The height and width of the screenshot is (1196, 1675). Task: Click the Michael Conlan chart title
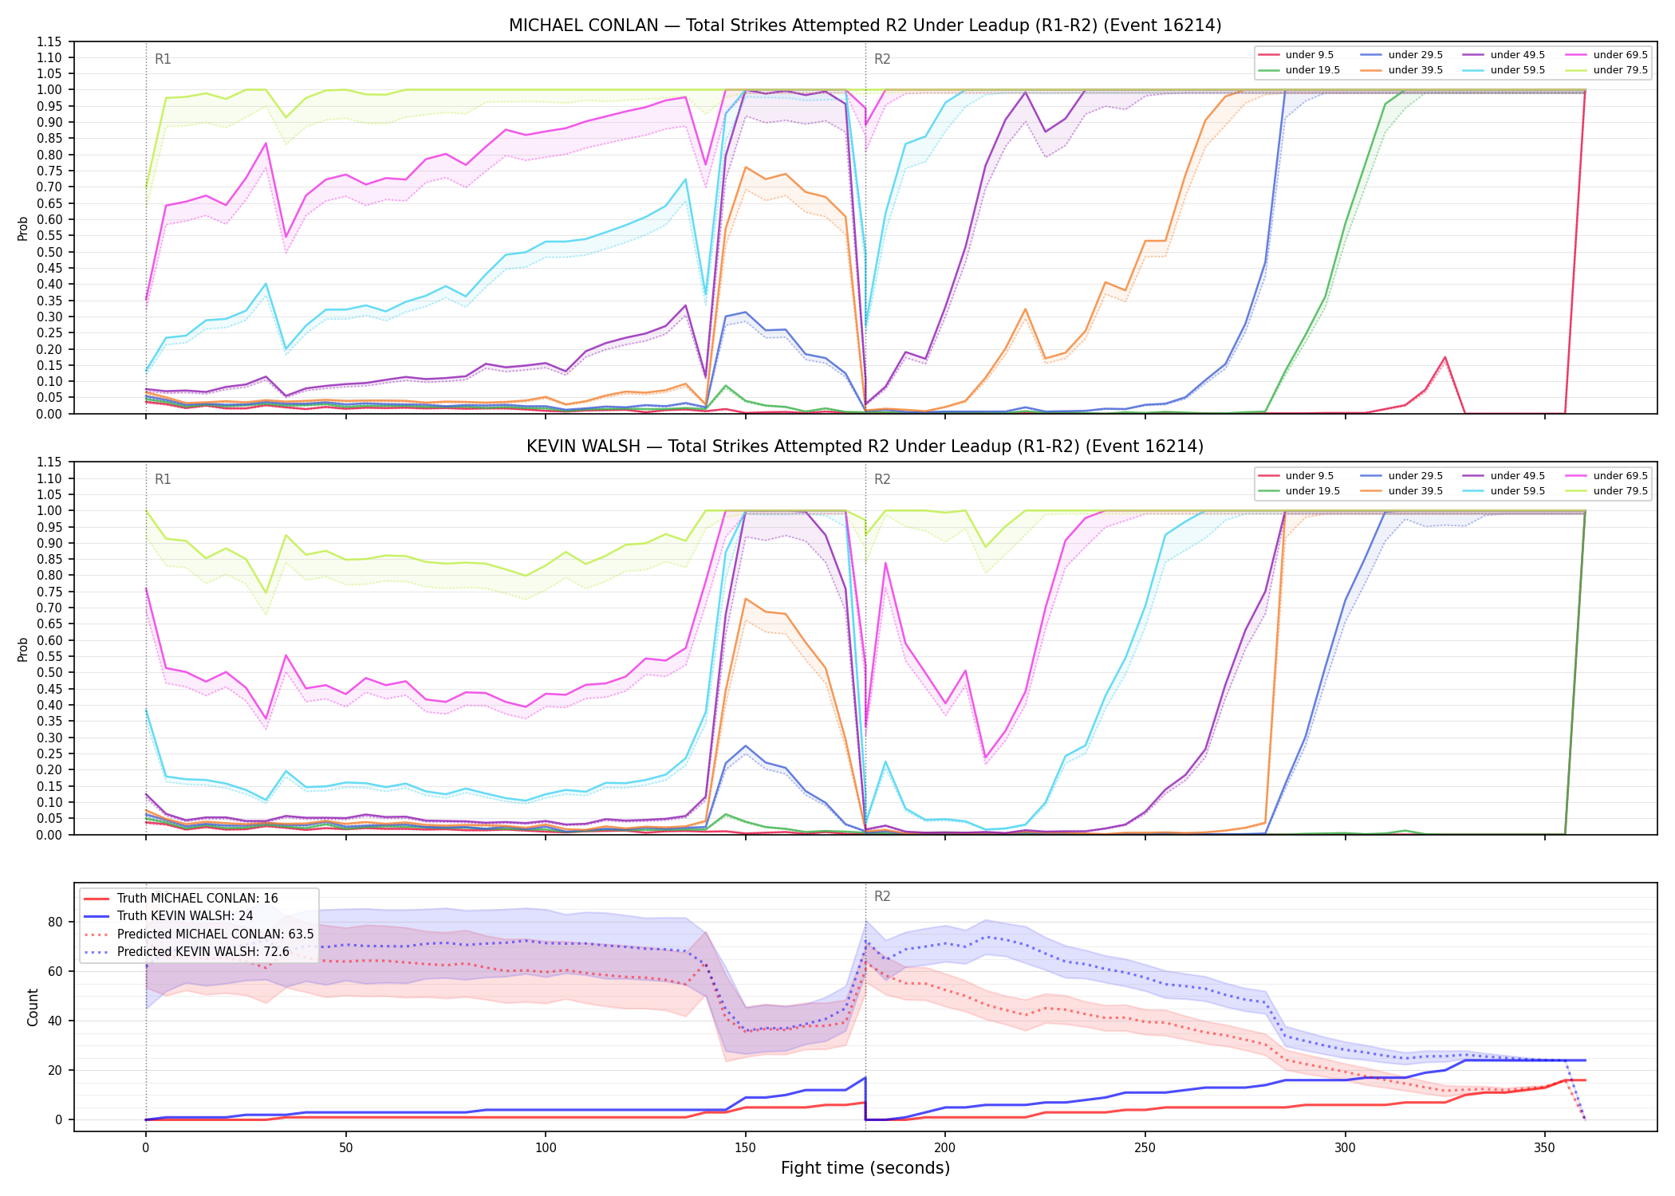click(865, 26)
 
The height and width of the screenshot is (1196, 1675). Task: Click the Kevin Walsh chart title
click(865, 447)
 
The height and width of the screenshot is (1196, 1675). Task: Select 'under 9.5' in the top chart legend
click(1310, 55)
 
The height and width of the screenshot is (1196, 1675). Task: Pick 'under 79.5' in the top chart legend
click(1620, 70)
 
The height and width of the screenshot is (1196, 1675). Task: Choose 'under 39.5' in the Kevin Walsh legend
click(1415, 491)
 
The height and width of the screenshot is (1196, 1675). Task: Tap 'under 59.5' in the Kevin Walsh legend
click(1517, 491)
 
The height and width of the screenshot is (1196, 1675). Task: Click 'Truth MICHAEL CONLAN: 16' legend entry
click(198, 899)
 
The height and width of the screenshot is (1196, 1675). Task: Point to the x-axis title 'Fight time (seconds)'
click(865, 1168)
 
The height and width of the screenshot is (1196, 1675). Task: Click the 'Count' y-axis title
click(33, 1007)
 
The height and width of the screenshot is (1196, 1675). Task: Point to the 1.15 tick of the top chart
click(49, 41)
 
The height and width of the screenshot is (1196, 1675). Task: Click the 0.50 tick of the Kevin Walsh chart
click(49, 673)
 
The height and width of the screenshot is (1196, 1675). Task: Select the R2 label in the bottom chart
click(882, 896)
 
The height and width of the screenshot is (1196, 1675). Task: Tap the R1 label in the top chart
click(163, 59)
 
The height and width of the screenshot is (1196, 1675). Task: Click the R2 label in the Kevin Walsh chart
click(882, 479)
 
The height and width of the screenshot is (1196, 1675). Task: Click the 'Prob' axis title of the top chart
click(23, 228)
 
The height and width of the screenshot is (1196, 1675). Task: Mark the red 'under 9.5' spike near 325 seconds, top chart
click(1444, 357)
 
